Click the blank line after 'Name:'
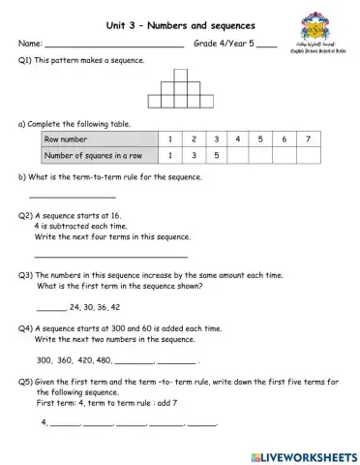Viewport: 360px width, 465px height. coord(114,46)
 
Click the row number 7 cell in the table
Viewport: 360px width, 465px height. coord(307,139)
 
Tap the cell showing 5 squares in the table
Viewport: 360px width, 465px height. coord(216,155)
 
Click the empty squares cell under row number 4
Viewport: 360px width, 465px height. coord(239,155)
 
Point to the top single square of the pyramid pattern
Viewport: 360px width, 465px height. coord(180,75)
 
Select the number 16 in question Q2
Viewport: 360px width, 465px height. coord(115,215)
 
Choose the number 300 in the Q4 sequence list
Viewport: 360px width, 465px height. coord(44,359)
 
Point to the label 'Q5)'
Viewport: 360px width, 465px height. coord(25,381)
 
